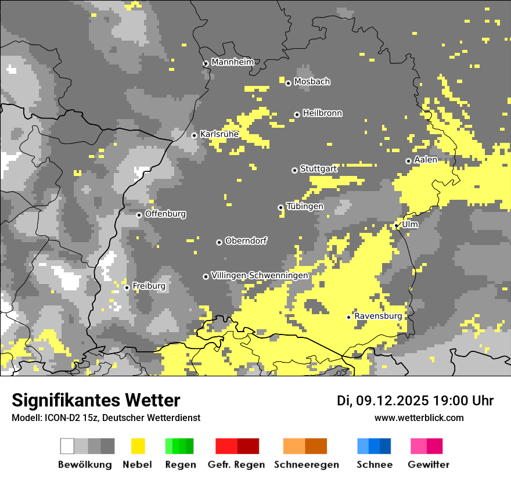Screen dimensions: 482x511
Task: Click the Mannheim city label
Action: pyautogui.click(x=233, y=62)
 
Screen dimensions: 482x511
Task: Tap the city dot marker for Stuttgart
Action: pyautogui.click(x=294, y=170)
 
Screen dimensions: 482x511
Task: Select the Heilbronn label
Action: pyautogui.click(x=322, y=113)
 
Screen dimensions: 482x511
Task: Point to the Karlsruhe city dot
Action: pyautogui.click(x=195, y=135)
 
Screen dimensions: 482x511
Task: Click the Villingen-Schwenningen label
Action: pyautogui.click(x=260, y=275)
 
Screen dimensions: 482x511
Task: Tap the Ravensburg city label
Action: pyautogui.click(x=378, y=316)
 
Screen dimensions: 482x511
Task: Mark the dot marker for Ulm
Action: pyautogui.click(x=397, y=225)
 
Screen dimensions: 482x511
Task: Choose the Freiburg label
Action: pyautogui.click(x=149, y=286)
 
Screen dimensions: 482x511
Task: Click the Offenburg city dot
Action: pyautogui.click(x=139, y=215)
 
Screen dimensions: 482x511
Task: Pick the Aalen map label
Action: pyautogui.click(x=426, y=160)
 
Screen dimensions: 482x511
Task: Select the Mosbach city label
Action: pyautogui.click(x=312, y=82)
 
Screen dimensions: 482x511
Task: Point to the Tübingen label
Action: pyautogui.click(x=305, y=206)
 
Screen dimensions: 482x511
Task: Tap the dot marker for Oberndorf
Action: pyautogui.click(x=219, y=242)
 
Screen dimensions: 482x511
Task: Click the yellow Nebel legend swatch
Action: pyautogui.click(x=138, y=446)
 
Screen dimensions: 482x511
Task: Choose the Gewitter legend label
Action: pyautogui.click(x=428, y=465)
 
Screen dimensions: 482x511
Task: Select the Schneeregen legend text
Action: pyautogui.click(x=306, y=465)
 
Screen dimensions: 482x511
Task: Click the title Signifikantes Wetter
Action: pyautogui.click(x=96, y=400)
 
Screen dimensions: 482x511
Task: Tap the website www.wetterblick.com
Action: pyautogui.click(x=419, y=418)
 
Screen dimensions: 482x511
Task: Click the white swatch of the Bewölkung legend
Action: pyautogui.click(x=67, y=446)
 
